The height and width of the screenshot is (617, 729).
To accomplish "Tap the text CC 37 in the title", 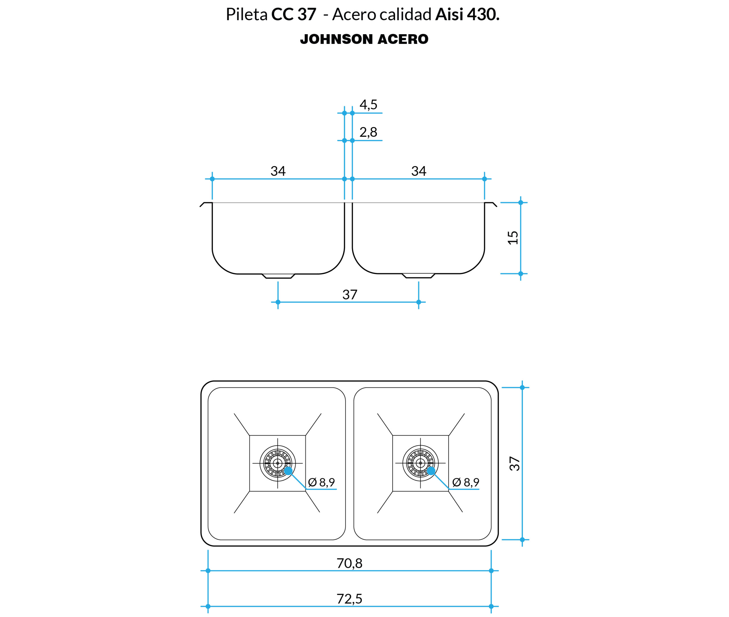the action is tap(294, 14).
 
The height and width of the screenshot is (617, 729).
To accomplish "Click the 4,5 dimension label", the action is tap(368, 105).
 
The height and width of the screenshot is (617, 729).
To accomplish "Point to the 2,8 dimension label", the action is tap(368, 132).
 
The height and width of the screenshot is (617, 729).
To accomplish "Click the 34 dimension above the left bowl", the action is tap(278, 171).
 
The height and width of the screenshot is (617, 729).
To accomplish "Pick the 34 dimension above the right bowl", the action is tap(419, 171).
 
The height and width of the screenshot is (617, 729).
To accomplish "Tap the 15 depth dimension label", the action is tap(513, 238).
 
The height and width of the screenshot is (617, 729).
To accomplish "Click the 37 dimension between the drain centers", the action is tap(350, 295).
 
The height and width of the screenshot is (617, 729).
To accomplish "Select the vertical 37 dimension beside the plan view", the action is tap(515, 464).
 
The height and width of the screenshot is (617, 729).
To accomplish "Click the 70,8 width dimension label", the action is tap(349, 563).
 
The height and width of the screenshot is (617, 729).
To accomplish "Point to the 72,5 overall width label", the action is tap(349, 599).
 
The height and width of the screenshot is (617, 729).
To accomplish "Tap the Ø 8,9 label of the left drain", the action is tap(321, 483).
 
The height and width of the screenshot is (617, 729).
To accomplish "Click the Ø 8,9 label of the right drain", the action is tap(466, 483).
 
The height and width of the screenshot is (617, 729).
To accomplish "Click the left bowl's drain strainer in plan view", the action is tap(278, 463).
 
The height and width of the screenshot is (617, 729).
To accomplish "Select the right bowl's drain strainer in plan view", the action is tap(420, 463).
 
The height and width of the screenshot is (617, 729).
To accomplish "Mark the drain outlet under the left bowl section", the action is tap(278, 276).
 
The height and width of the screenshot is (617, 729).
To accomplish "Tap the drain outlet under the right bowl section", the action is tap(419, 276).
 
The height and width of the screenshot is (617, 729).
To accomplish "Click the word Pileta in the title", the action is tap(247, 14).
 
